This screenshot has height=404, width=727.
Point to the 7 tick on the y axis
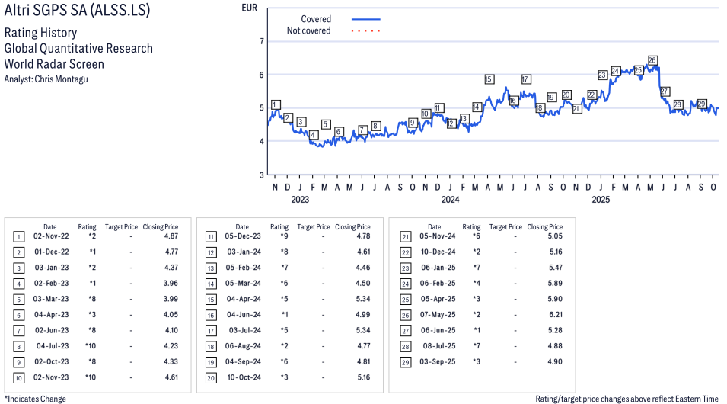tap(261, 41)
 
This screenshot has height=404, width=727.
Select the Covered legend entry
tap(315, 19)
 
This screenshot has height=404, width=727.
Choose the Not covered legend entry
tap(308, 30)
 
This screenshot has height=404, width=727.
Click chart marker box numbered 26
tap(652, 60)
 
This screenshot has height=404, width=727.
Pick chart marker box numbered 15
tap(489, 79)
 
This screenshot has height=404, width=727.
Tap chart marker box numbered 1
tap(275, 104)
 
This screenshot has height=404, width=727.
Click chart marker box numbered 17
tap(526, 79)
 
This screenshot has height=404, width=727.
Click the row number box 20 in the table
tap(209, 378)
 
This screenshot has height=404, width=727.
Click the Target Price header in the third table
tap(505, 227)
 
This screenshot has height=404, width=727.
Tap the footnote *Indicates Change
tap(36, 399)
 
